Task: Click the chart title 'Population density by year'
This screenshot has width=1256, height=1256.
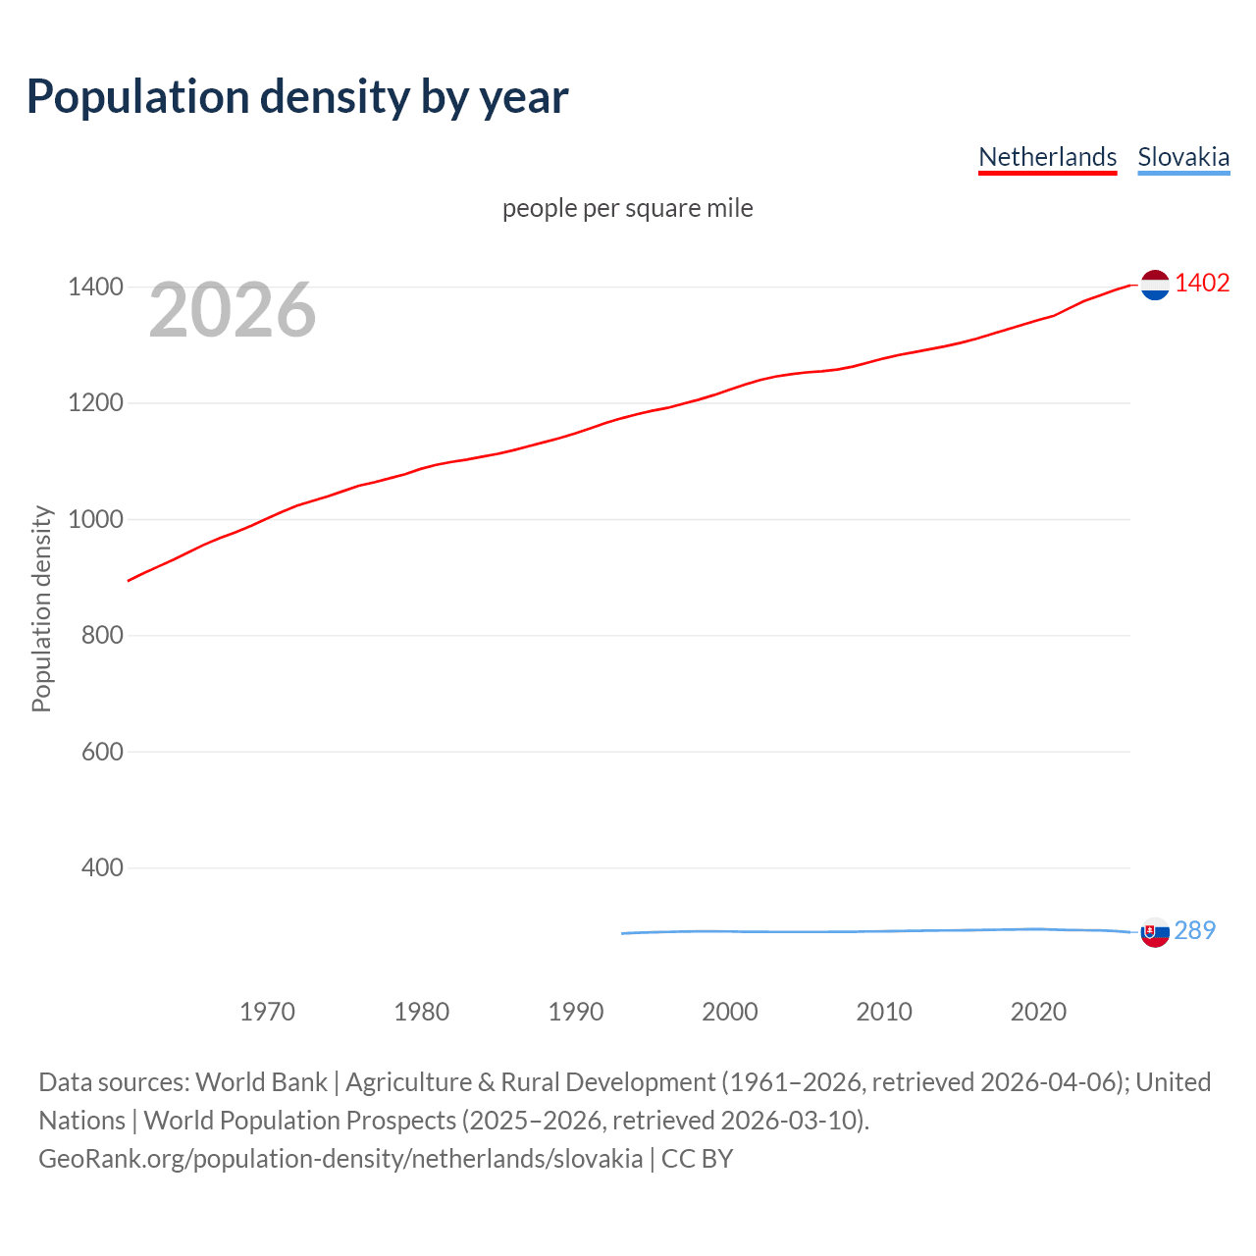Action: pyautogui.click(x=297, y=96)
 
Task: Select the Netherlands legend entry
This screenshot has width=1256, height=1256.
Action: pyautogui.click(x=1047, y=157)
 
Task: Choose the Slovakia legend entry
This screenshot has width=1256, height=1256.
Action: pyautogui.click(x=1183, y=157)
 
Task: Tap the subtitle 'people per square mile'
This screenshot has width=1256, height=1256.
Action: pyautogui.click(x=627, y=208)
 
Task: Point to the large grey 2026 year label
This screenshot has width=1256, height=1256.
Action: pyautogui.click(x=233, y=310)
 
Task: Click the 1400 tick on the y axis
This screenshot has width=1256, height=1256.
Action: pyautogui.click(x=95, y=287)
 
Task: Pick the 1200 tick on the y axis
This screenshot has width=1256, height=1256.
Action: pyautogui.click(x=95, y=403)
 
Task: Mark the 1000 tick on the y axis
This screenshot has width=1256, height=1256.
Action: pyautogui.click(x=95, y=519)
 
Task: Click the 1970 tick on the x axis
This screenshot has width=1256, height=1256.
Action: pyautogui.click(x=267, y=1012)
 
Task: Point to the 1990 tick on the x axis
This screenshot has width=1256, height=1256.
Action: pyautogui.click(x=576, y=1012)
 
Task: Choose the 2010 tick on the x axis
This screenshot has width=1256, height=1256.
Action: pyautogui.click(x=884, y=1012)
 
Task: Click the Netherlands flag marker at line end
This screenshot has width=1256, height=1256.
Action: pyautogui.click(x=1155, y=285)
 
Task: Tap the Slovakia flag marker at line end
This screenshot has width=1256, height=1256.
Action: pyautogui.click(x=1155, y=932)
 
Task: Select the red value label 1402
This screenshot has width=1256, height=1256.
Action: pyautogui.click(x=1202, y=283)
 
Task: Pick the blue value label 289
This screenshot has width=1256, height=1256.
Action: pyautogui.click(x=1194, y=930)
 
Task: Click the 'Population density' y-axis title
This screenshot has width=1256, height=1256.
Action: pyautogui.click(x=41, y=608)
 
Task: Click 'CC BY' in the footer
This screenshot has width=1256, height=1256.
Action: pyautogui.click(x=697, y=1159)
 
